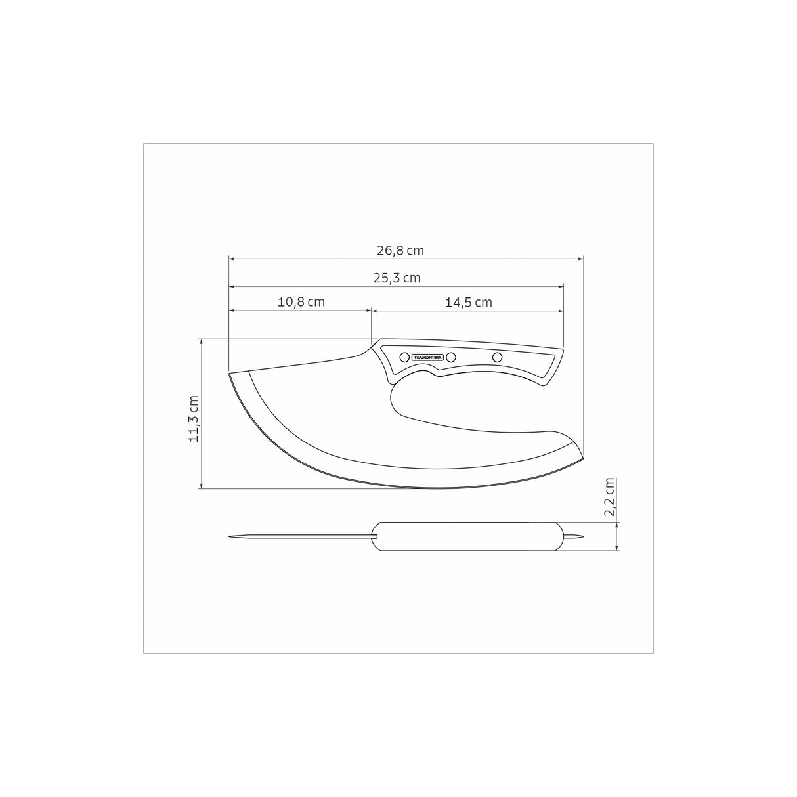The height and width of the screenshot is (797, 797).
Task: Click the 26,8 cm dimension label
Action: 400,251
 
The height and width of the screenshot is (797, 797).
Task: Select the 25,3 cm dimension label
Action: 397,278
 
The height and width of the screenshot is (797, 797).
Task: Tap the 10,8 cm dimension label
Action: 301,302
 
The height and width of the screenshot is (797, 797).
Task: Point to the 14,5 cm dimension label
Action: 469,303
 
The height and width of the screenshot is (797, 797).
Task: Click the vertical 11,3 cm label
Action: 194,419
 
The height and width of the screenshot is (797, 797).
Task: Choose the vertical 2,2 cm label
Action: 610,497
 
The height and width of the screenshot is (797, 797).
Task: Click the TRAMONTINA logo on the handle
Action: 427,357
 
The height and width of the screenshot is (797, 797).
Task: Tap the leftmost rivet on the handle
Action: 404,356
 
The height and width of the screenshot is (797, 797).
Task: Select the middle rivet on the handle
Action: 451,356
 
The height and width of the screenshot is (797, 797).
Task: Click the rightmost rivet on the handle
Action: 497,356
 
